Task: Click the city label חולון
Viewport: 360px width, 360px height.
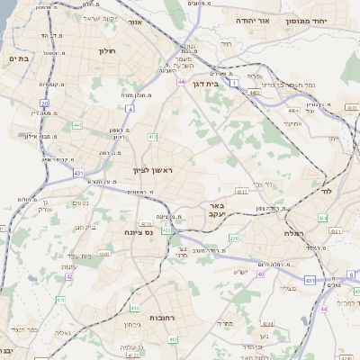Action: pos(106,52)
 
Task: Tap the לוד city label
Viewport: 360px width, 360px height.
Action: pos(326,191)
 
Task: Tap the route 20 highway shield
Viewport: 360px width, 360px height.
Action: pos(44,103)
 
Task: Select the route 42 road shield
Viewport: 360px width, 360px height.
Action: pos(68,276)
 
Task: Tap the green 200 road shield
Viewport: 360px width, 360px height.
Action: pos(233,238)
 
